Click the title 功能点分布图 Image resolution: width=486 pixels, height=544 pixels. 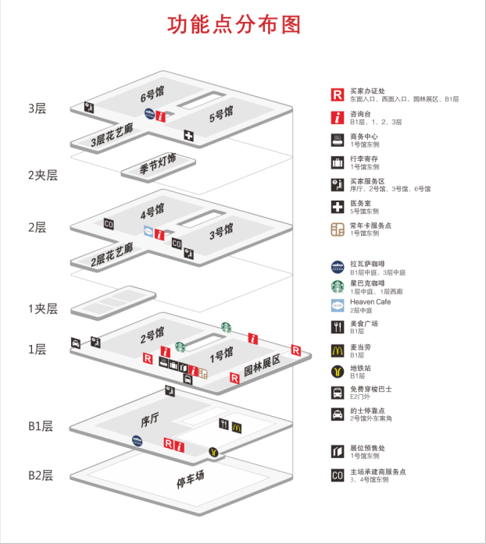(234, 24)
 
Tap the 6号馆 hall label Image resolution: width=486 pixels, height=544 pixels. (152, 95)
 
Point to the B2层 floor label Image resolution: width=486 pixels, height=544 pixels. (40, 475)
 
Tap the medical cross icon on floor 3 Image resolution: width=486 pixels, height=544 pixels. (188, 136)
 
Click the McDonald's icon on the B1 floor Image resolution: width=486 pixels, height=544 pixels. (237, 427)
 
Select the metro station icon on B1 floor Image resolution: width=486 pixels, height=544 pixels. (213, 452)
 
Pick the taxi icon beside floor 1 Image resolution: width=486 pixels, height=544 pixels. (76, 343)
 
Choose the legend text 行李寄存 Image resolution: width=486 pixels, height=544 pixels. (363, 158)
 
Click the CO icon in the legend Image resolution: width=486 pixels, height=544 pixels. (337, 475)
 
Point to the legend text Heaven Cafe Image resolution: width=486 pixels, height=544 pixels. (370, 302)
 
